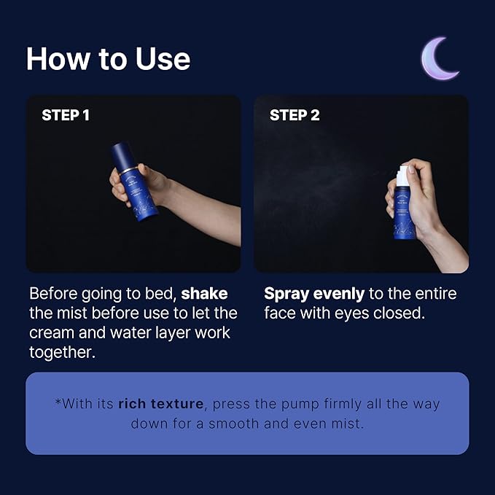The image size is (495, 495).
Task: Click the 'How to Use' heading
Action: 108,59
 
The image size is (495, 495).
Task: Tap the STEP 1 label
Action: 66,115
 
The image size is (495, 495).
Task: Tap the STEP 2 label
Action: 295,115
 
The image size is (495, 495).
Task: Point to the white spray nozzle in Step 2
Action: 400,176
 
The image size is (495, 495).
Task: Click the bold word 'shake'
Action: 204,294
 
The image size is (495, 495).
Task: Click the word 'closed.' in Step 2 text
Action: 399,313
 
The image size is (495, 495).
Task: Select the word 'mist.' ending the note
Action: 347,423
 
